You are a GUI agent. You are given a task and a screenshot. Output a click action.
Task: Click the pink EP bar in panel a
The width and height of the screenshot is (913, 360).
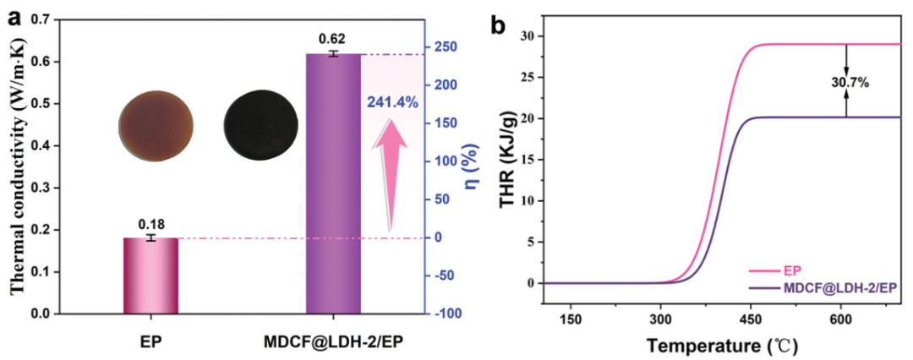click(152, 275)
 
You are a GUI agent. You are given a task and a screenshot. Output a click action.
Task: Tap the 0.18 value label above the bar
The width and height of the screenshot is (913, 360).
click(151, 224)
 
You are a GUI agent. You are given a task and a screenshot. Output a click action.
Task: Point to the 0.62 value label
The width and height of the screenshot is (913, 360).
click(332, 40)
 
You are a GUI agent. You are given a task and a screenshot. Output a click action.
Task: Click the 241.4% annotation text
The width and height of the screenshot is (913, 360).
click(392, 102)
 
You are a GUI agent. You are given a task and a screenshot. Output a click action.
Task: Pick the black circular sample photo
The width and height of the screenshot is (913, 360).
click(260, 125)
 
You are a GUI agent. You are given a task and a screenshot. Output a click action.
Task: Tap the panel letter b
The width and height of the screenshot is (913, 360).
click(499, 25)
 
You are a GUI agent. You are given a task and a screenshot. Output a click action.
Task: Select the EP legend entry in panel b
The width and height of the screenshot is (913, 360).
click(792, 271)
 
